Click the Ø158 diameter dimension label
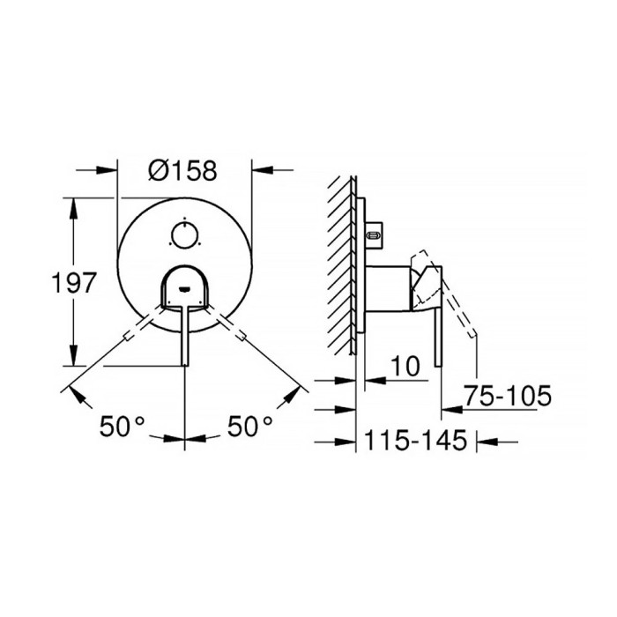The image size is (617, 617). click(x=182, y=171)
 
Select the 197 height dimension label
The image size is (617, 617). click(x=74, y=282)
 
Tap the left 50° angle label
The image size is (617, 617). click(x=122, y=426)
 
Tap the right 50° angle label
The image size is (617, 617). click(x=249, y=426)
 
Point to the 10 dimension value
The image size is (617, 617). click(x=405, y=366)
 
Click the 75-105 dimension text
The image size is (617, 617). click(x=508, y=396)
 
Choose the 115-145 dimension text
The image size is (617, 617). click(x=416, y=440)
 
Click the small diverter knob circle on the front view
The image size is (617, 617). click(x=184, y=235)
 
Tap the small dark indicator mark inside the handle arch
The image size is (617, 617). click(x=184, y=290)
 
